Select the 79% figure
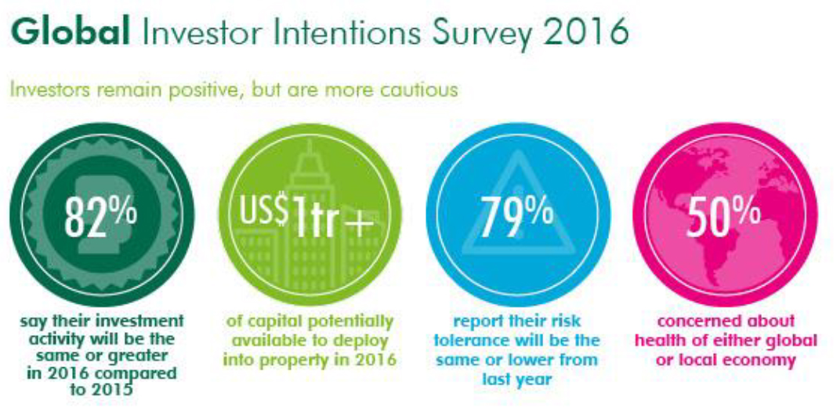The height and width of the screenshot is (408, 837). [x=516, y=215]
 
